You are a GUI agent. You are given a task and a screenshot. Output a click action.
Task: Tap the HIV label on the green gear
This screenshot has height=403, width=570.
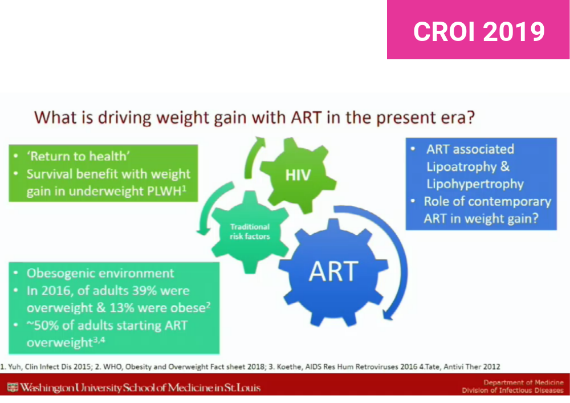pos(298,174)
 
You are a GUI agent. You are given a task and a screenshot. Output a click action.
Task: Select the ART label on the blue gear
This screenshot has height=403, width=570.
pos(333,272)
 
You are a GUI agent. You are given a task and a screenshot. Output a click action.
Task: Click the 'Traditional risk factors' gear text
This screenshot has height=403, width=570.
pos(250,231)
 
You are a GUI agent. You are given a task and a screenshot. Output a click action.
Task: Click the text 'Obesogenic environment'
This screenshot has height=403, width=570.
pos(100,273)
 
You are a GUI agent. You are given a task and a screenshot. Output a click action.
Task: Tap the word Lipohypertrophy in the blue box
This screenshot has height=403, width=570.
pos(475,184)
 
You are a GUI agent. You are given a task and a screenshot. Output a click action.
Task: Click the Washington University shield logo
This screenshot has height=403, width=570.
pos(13,388)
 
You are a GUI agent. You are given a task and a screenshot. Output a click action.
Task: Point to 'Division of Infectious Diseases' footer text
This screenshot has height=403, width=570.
pos(512,391)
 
